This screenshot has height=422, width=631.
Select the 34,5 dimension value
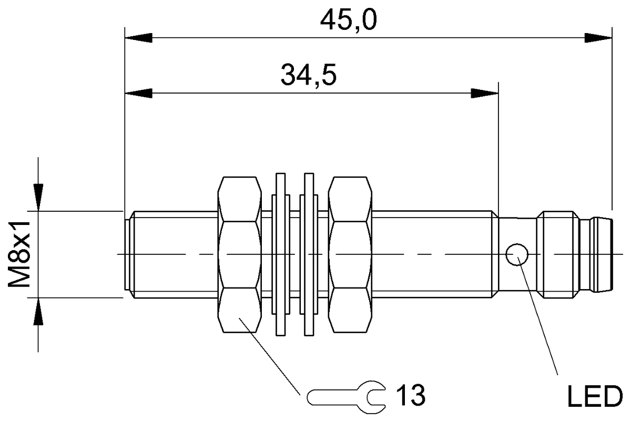click(x=309, y=76)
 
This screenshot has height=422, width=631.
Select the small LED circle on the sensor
click(x=516, y=254)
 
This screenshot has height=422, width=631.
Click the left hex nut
click(x=239, y=254)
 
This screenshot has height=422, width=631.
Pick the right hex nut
click(x=351, y=254)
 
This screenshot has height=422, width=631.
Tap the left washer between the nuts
click(x=281, y=254)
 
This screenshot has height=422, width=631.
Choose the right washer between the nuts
click(x=309, y=254)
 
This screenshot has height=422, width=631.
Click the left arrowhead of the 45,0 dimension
click(x=138, y=38)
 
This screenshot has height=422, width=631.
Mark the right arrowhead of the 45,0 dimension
click(x=598, y=38)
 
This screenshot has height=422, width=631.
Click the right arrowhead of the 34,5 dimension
click(x=484, y=94)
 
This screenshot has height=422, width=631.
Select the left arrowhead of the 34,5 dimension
click(x=138, y=94)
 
